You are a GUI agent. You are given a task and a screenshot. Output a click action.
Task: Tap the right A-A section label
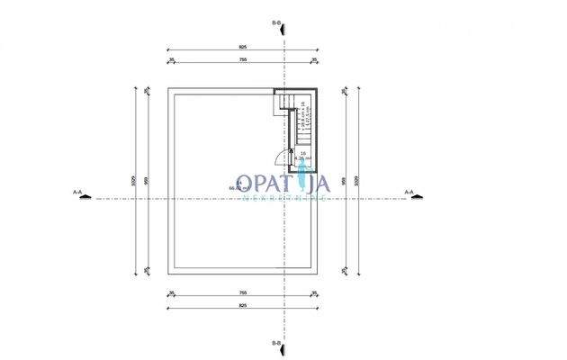coord(409,191)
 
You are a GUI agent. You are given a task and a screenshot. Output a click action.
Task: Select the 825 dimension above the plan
coord(243,46)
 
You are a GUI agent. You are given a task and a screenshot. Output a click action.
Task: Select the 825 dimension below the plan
coord(243,305)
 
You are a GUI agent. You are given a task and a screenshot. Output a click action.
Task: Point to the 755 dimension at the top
coord(243,59)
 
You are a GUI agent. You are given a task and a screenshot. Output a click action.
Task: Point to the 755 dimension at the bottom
coord(243,292)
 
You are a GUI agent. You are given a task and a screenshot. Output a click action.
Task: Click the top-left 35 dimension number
coord(171,59)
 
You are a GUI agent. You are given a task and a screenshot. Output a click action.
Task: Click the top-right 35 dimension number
coord(314,59)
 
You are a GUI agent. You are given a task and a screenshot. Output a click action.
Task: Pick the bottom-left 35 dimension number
coord(171,292)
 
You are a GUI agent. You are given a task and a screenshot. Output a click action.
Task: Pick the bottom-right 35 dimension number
coord(314,292)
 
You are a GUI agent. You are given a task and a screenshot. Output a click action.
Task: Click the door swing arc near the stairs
coord(294,165)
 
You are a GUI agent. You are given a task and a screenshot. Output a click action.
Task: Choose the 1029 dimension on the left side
coord(132,180)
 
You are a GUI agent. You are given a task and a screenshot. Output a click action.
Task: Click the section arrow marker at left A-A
coord(85,199)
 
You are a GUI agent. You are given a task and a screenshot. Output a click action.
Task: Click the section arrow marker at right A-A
coord(416,199)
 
